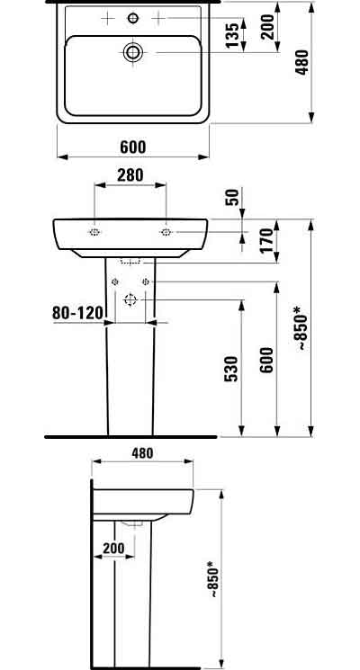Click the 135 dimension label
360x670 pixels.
click(231, 35)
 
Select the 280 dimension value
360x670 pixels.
click(130, 175)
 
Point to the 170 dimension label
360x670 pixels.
click(265, 240)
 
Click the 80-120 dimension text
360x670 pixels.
click(77, 313)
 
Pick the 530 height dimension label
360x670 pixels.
click(231, 369)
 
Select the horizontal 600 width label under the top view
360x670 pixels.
click(132, 147)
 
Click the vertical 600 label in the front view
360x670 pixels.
click(265, 360)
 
